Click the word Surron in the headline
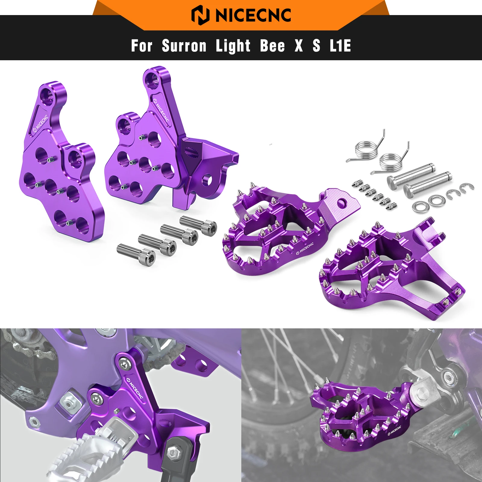pyautogui.click(x=184, y=46)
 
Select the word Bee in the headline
pyautogui.click(x=272, y=46)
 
